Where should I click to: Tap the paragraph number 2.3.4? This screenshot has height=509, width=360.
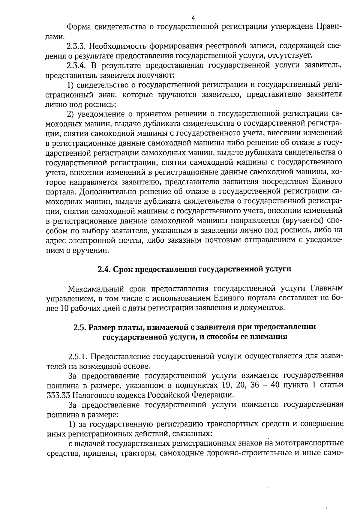point(77,65)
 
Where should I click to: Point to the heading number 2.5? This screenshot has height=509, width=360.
point(80,327)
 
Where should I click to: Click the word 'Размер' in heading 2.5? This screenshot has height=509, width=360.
point(103,327)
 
